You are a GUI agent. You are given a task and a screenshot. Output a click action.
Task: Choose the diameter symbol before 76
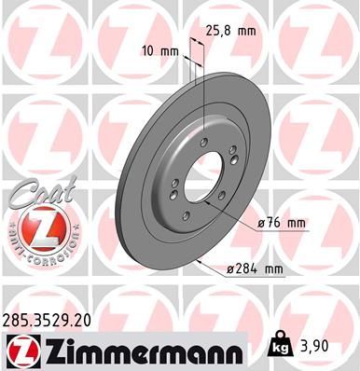[258, 223]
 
